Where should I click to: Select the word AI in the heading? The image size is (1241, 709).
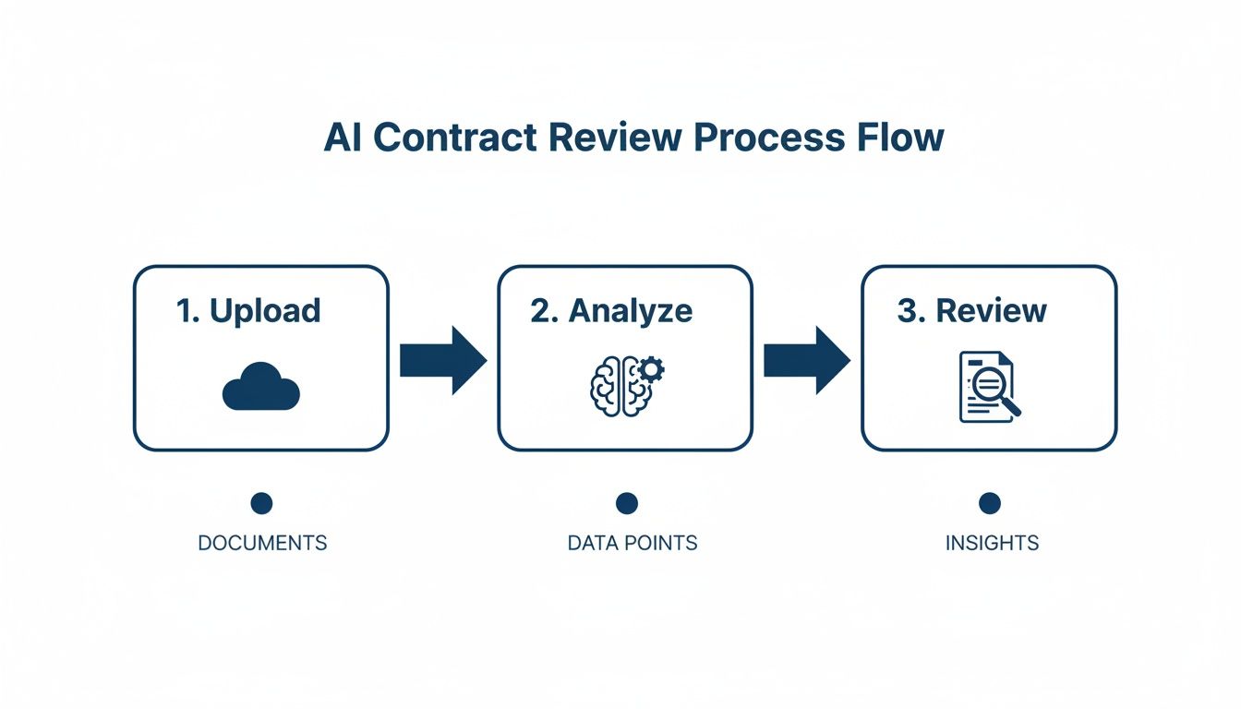tap(343, 137)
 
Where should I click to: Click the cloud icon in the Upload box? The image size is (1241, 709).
tap(261, 387)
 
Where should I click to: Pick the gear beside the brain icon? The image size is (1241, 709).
tap(652, 370)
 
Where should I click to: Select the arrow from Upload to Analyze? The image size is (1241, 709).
tap(442, 359)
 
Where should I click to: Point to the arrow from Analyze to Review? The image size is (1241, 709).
tap(806, 359)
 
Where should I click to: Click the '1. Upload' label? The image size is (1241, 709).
tap(248, 310)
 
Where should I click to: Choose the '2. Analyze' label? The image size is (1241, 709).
tap(611, 310)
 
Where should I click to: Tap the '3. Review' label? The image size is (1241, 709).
tap(972, 310)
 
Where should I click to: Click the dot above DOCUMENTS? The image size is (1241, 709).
tap(261, 503)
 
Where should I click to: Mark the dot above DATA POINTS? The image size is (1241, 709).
tap(627, 503)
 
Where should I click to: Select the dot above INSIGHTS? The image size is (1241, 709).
tap(990, 503)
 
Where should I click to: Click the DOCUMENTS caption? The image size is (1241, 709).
tap(262, 543)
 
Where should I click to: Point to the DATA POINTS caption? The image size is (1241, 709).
tap(633, 543)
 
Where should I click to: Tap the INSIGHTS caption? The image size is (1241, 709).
tap(992, 543)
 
